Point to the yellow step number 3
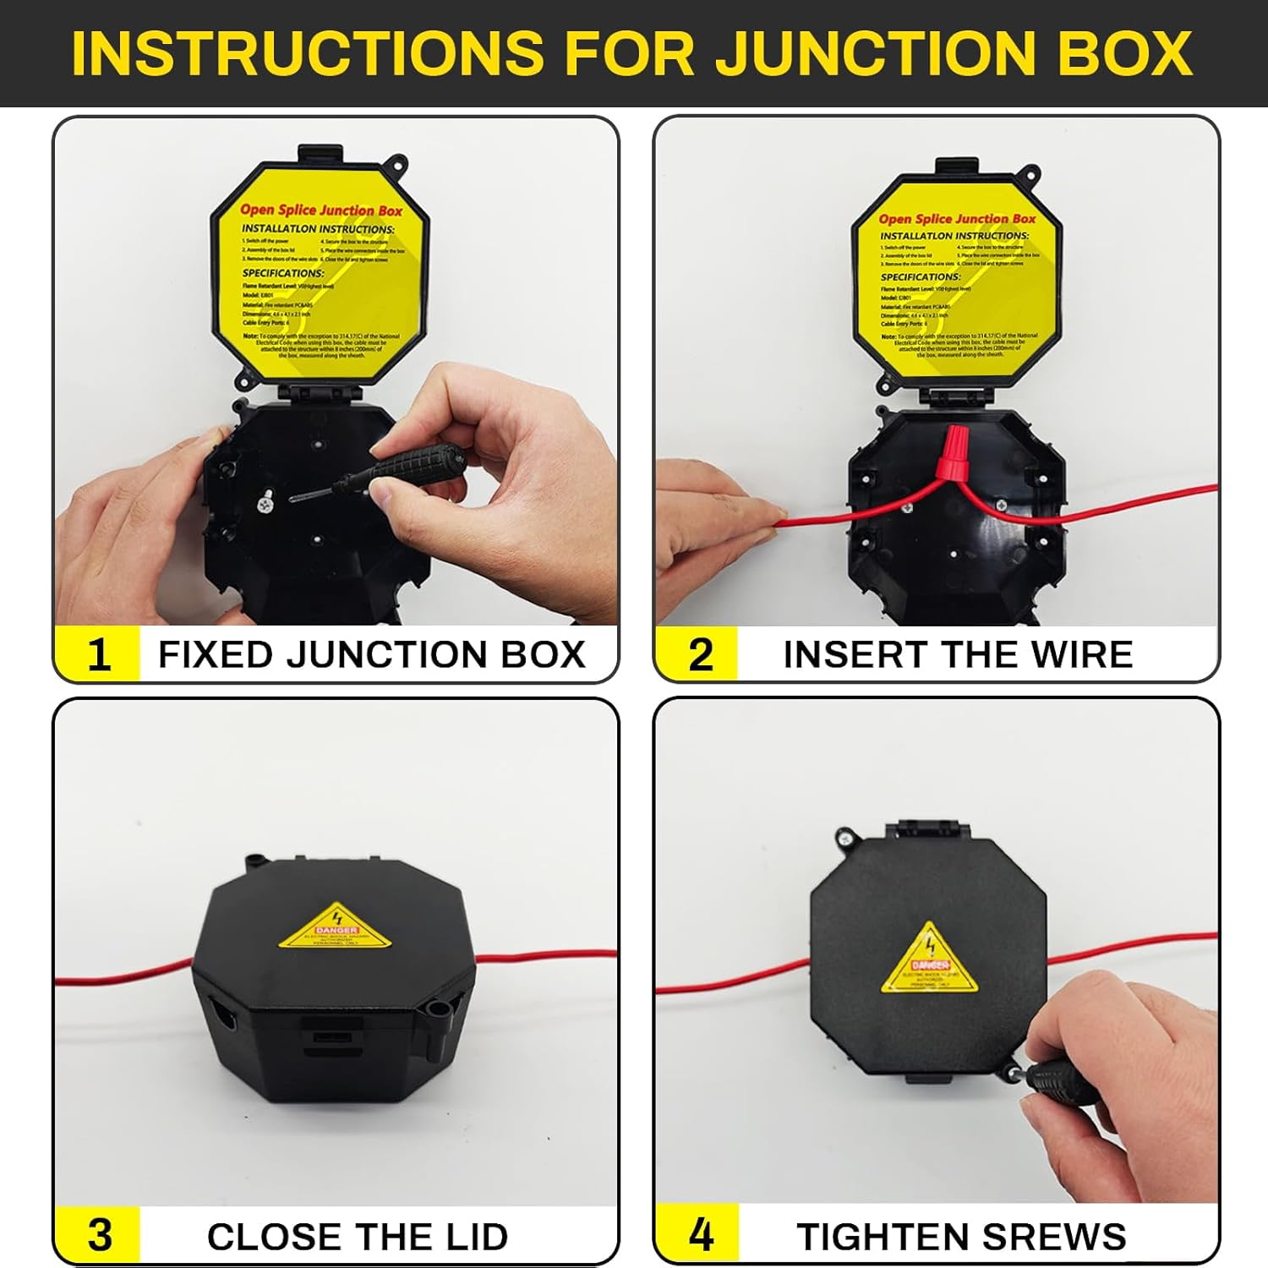[99, 1236]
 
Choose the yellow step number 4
[701, 1235]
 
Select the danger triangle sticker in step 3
[337, 926]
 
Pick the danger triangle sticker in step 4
[930, 959]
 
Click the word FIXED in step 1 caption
[216, 655]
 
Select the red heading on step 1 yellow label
[321, 210]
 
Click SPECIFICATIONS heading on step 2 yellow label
[921, 276]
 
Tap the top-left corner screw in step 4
[844, 838]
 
